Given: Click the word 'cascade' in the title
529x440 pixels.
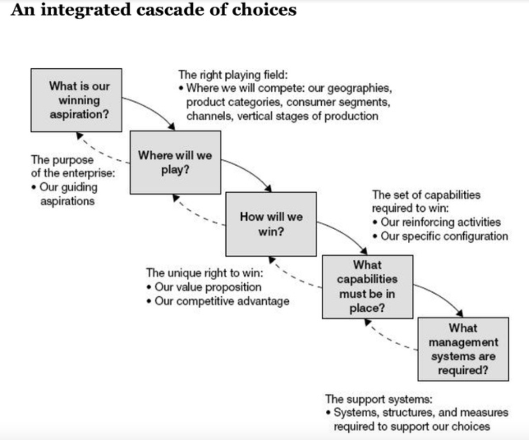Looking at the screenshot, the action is coord(170,10).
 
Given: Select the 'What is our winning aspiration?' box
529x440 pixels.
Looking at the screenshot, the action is coord(76,100).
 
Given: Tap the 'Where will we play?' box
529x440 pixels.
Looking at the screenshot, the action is coord(175,163).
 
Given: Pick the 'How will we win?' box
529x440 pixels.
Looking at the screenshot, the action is coord(271,224).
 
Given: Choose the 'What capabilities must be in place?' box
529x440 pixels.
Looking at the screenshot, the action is coord(367,287).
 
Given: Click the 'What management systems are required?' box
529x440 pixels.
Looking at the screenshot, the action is coord(463,349).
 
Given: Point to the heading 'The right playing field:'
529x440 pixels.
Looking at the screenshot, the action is coord(233,75).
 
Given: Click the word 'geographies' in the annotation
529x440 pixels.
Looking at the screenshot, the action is coord(360,89).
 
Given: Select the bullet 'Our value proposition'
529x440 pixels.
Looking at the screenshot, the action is coord(204,287).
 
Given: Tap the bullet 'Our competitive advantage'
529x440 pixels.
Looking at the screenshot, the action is coord(218,302).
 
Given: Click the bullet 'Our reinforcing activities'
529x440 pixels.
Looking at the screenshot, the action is coord(437,222).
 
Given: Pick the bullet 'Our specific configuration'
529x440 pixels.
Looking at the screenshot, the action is coord(440,236).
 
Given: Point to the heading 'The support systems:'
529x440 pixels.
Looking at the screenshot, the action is coord(379,399).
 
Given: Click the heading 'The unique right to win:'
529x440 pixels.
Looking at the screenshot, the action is coord(205,273).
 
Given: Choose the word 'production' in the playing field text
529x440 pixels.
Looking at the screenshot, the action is coord(351,116).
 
